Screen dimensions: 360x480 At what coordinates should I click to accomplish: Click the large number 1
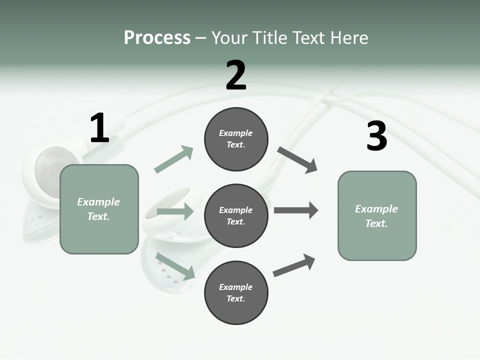pyautogui.click(x=99, y=128)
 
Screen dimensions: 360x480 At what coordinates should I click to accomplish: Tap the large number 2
pyautogui.click(x=236, y=76)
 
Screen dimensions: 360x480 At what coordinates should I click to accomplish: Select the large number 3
pyautogui.click(x=376, y=136)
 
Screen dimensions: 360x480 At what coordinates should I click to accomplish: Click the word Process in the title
pyautogui.click(x=157, y=37)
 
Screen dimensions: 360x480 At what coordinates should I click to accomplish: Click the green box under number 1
pyautogui.click(x=99, y=209)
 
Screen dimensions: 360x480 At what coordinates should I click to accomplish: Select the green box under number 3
pyautogui.click(x=377, y=216)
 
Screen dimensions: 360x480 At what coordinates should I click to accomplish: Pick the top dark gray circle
pyautogui.click(x=236, y=139)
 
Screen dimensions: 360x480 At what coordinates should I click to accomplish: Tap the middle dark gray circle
pyautogui.click(x=236, y=216)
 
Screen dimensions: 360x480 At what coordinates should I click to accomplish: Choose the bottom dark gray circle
pyautogui.click(x=236, y=293)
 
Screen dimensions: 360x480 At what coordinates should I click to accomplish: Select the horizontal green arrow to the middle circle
pyautogui.click(x=175, y=211)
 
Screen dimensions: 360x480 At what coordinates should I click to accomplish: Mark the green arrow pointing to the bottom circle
pyautogui.click(x=175, y=266)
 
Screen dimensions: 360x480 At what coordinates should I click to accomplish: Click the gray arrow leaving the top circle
pyautogui.click(x=298, y=160)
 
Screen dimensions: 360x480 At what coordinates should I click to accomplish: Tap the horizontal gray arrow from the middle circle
pyautogui.click(x=296, y=210)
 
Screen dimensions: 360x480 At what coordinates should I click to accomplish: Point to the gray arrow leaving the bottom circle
pyautogui.click(x=294, y=265)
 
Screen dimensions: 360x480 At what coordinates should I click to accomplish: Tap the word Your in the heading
pyautogui.click(x=229, y=37)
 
